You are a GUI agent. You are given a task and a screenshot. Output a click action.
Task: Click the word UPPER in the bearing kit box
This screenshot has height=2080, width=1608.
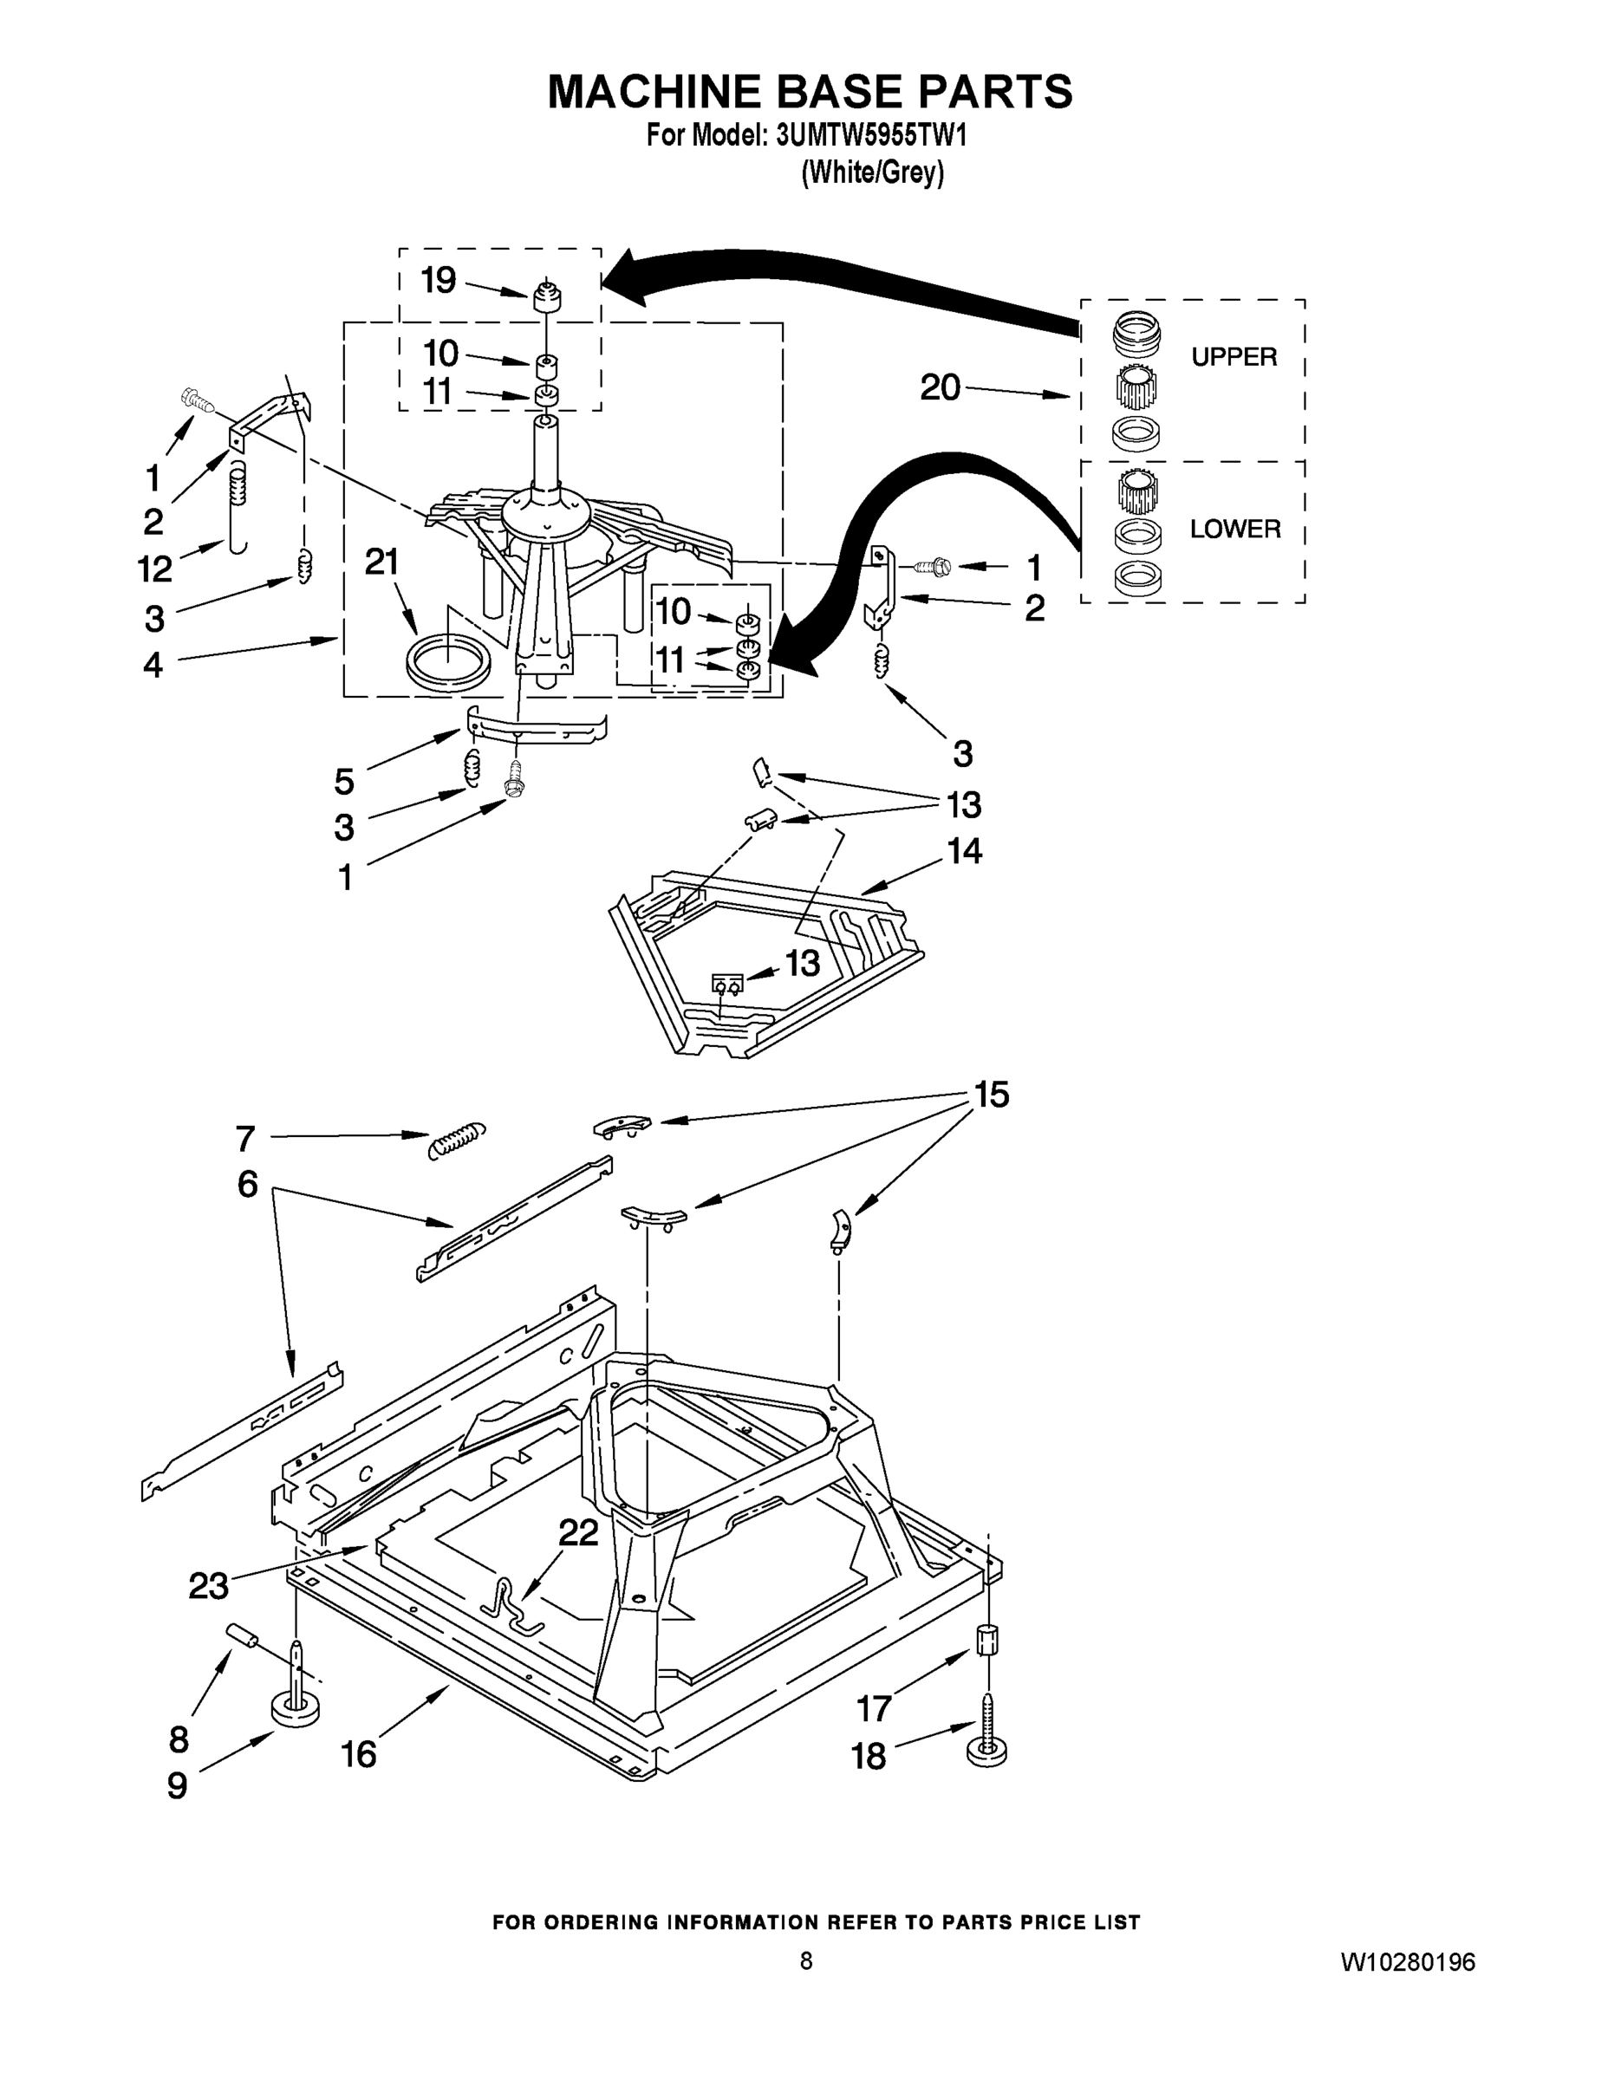pyautogui.click(x=1234, y=357)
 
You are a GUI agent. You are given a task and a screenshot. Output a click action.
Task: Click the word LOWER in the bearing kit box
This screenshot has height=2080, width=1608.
pyautogui.click(x=1234, y=529)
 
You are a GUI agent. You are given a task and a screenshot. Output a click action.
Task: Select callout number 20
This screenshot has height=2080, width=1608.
pyautogui.click(x=940, y=387)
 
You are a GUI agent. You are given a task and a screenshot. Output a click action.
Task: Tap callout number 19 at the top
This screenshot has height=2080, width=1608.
pyautogui.click(x=439, y=280)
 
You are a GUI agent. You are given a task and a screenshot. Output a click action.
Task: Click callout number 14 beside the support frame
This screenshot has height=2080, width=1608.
pyautogui.click(x=964, y=850)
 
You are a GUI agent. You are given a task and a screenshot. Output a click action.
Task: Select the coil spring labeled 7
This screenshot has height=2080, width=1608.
pyautogui.click(x=457, y=1137)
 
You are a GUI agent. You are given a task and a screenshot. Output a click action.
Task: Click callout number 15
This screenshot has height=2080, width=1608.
pyautogui.click(x=991, y=1095)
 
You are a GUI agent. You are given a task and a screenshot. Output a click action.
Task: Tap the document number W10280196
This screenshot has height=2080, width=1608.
pyautogui.click(x=1407, y=1962)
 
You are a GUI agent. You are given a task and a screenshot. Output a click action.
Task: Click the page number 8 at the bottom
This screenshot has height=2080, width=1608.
pyautogui.click(x=806, y=1960)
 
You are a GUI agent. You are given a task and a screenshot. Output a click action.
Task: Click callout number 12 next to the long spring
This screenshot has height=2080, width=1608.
pyautogui.click(x=154, y=569)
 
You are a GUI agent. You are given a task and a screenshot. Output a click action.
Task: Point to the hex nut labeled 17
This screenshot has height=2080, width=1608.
pyautogui.click(x=989, y=1639)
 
